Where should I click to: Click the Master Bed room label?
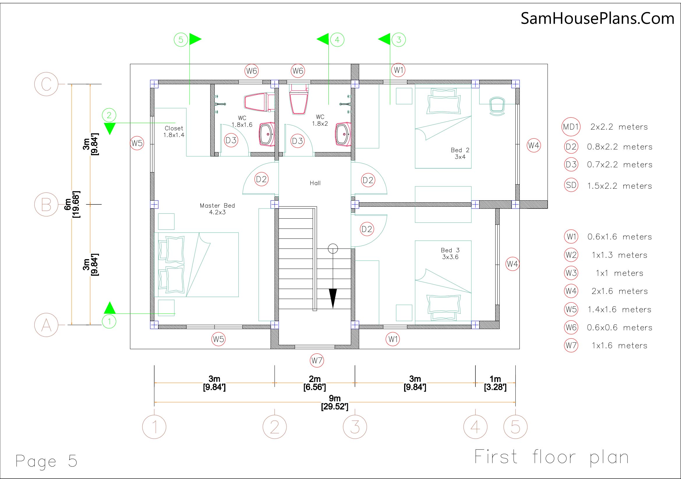tap(217, 209)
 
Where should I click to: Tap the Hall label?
tap(315, 183)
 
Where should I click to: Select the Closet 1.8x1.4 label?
tap(174, 131)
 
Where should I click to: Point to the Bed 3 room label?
tap(450, 254)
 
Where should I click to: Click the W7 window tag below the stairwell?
tap(317, 361)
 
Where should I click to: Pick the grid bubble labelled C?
tap(46, 84)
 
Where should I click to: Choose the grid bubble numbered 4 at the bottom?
tap(475, 427)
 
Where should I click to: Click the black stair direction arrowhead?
tap(333, 298)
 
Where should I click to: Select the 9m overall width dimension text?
tap(335, 402)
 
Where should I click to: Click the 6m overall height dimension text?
tap(72, 204)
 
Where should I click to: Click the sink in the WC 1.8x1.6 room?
tap(267, 134)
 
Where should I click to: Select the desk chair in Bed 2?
tap(497, 106)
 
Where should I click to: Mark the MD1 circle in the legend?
tap(571, 127)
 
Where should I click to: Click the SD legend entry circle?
tap(571, 185)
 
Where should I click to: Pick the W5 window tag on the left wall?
tap(137, 143)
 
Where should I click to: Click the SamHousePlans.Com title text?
tap(597, 18)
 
